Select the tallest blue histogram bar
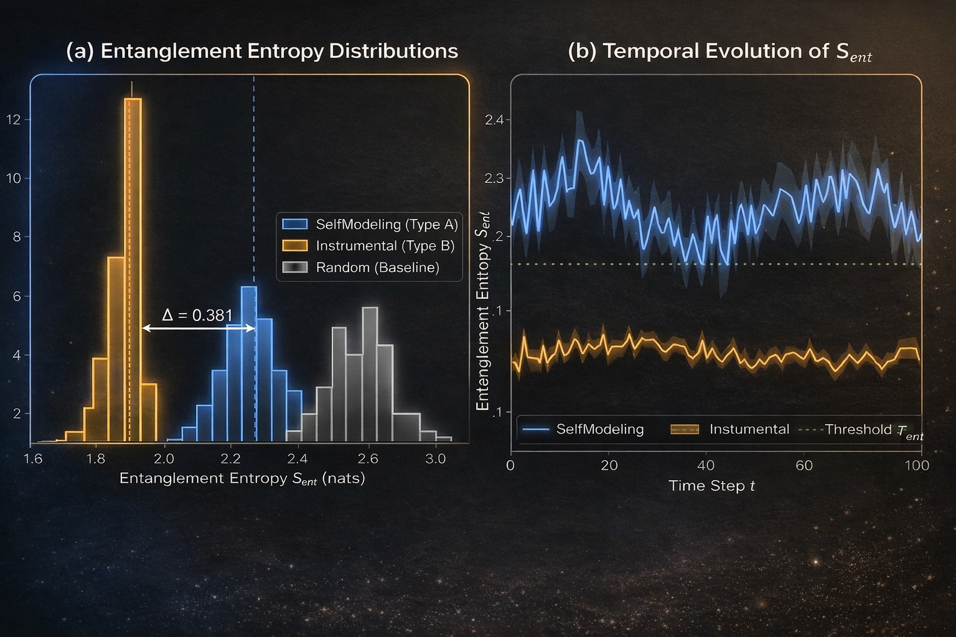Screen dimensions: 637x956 coord(248,364)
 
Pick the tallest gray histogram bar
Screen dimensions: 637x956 coord(370,373)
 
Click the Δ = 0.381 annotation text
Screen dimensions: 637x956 coord(197,315)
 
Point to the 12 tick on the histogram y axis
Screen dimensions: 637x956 coord(13,119)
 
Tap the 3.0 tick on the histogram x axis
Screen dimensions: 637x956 coord(435,459)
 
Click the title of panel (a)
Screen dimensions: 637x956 coord(262,51)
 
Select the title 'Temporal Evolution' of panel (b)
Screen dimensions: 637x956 coord(719,52)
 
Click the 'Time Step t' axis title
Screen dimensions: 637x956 coord(711,486)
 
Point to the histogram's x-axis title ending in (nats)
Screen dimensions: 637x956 coord(242,478)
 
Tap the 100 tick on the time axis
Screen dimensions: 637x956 coord(916,465)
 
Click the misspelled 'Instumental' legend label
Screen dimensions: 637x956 coord(749,429)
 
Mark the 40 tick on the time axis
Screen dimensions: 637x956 coord(706,465)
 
